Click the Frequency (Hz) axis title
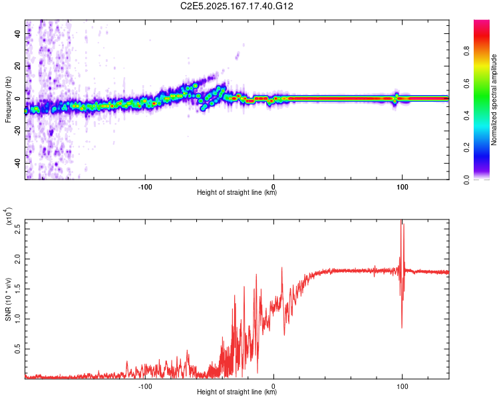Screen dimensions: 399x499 pyautogui.click(x=8, y=99)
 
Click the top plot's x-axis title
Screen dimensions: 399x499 pyautogui.click(x=237, y=193)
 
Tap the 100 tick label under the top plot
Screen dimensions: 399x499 pyautogui.click(x=402, y=186)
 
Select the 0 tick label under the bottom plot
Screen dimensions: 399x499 pyautogui.click(x=274, y=385)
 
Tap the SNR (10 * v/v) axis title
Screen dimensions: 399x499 pyautogui.click(x=8, y=299)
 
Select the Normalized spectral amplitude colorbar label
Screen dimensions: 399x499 pyautogui.click(x=494, y=100)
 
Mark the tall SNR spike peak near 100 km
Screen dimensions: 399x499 pyautogui.click(x=401, y=221)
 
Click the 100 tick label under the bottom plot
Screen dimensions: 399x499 pyautogui.click(x=402, y=385)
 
